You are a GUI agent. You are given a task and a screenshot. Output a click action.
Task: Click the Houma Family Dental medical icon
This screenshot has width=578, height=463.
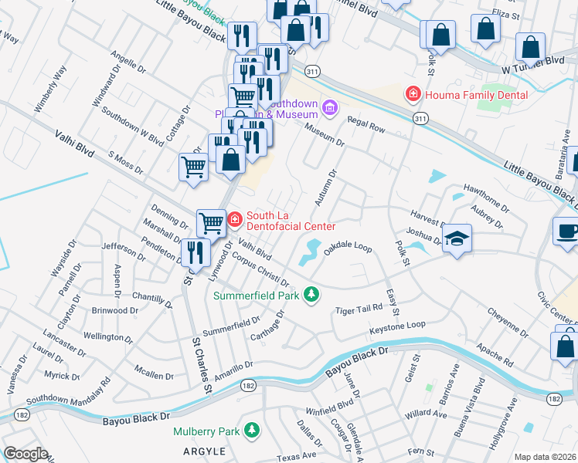point(413,94)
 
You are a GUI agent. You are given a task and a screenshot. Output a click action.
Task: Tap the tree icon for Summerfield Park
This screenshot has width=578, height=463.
point(311,294)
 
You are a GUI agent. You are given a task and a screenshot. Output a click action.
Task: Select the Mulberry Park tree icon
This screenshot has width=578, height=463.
point(251,429)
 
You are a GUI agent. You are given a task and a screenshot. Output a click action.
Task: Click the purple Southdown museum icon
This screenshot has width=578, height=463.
point(331,106)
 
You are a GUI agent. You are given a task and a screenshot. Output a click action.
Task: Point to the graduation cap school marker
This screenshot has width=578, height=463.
point(457,236)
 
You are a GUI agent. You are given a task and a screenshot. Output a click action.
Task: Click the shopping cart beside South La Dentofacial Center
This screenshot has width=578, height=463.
point(211,223)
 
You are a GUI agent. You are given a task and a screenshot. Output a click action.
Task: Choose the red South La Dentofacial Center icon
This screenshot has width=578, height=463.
point(234,220)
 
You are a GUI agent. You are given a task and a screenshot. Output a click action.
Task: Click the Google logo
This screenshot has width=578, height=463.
point(25,454)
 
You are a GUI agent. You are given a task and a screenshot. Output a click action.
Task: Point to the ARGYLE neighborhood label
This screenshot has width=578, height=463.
point(203,451)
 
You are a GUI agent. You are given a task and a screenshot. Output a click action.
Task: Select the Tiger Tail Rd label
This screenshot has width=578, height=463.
point(359,309)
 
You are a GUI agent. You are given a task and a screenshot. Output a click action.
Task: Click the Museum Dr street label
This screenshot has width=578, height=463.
point(324,134)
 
